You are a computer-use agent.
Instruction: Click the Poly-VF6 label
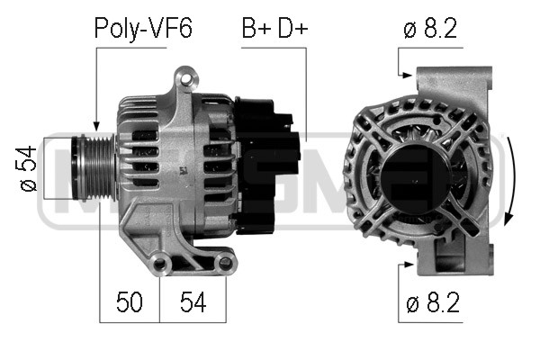143,28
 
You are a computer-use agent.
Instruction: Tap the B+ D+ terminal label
274,28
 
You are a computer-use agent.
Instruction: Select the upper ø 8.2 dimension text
430,28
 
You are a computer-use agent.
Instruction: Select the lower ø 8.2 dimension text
433,302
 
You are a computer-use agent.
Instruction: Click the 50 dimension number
130,301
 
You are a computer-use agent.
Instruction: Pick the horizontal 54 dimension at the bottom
193,301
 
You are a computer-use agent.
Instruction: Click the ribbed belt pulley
93,168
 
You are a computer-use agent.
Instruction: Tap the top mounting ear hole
186,79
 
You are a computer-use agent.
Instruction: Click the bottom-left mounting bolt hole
160,264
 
